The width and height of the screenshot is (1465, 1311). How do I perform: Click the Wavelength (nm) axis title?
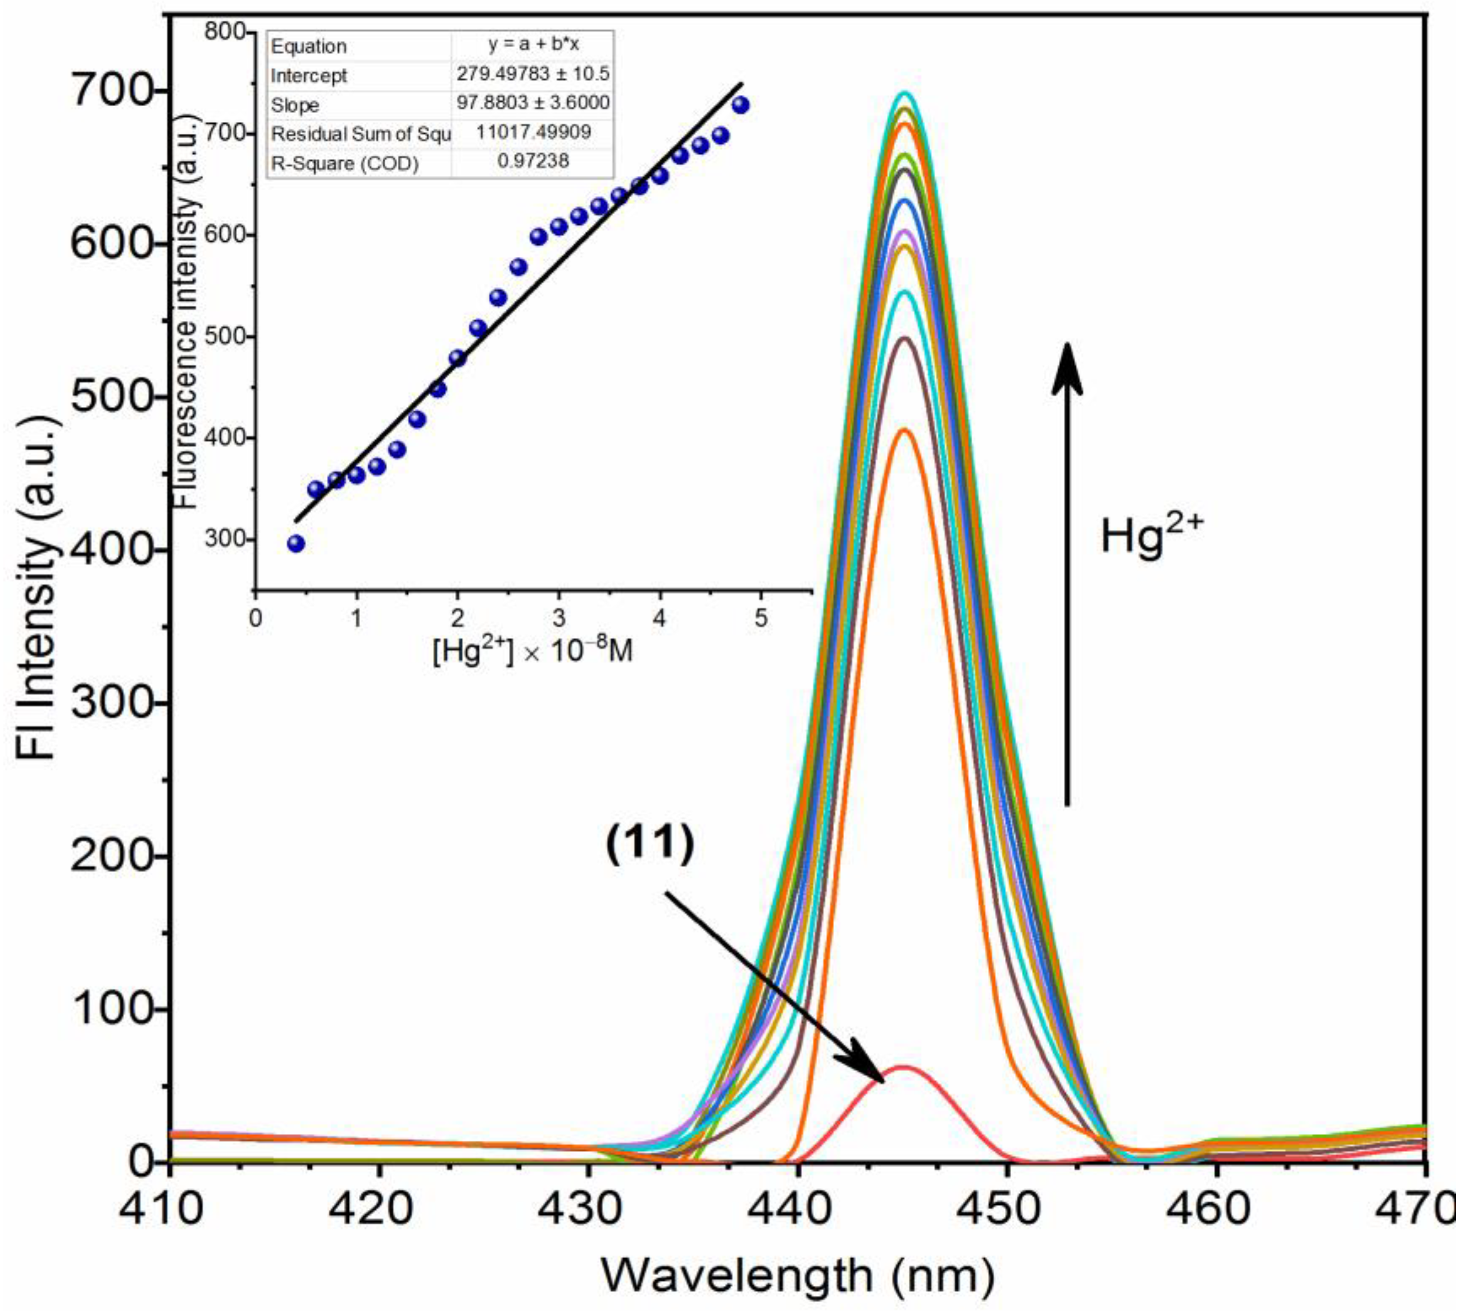798,1276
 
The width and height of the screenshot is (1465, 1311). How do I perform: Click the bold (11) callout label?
649,844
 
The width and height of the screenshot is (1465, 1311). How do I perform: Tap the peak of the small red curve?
903,1067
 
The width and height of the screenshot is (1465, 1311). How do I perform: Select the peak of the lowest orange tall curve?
905,430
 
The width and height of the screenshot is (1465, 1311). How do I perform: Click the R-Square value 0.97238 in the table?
533,161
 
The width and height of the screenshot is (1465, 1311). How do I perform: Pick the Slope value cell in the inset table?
533,103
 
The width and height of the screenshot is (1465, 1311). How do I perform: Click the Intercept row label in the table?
309,76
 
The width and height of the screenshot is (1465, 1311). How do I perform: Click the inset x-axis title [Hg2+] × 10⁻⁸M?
533,652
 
